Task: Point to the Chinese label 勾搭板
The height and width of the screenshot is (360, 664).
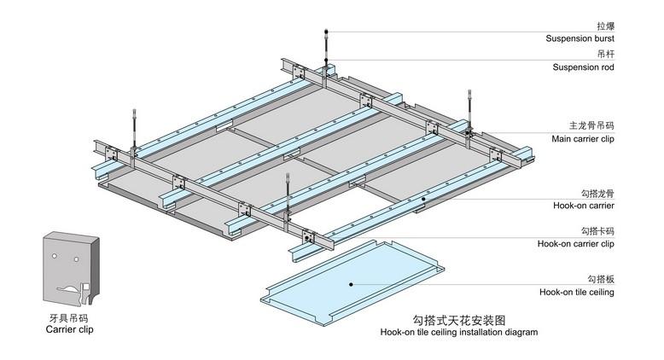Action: click(601, 279)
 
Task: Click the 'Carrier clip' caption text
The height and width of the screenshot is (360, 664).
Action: click(67, 328)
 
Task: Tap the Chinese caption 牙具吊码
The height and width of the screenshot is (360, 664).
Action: click(67, 316)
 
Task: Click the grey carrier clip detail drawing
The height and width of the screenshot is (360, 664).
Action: click(71, 266)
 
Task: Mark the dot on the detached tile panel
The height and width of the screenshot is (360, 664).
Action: click(351, 281)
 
